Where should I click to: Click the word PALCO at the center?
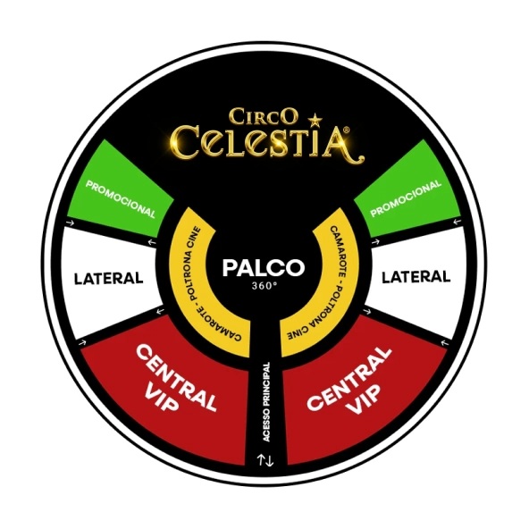click(264, 267)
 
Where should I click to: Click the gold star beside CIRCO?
click(315, 119)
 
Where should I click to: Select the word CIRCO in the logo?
click(264, 116)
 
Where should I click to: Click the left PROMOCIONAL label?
click(121, 199)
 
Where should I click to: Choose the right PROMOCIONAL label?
click(406, 198)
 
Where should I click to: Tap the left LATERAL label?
click(109, 279)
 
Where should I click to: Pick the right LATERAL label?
click(416, 277)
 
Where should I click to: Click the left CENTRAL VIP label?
click(172, 378)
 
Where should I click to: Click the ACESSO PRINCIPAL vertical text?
click(267, 402)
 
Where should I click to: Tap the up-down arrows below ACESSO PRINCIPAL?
click(265, 460)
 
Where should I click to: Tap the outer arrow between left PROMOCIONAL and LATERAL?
click(71, 223)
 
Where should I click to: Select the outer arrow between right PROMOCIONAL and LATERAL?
click(457, 222)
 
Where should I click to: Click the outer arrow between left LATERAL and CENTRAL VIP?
click(82, 343)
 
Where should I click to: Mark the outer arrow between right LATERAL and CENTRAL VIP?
click(445, 343)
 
